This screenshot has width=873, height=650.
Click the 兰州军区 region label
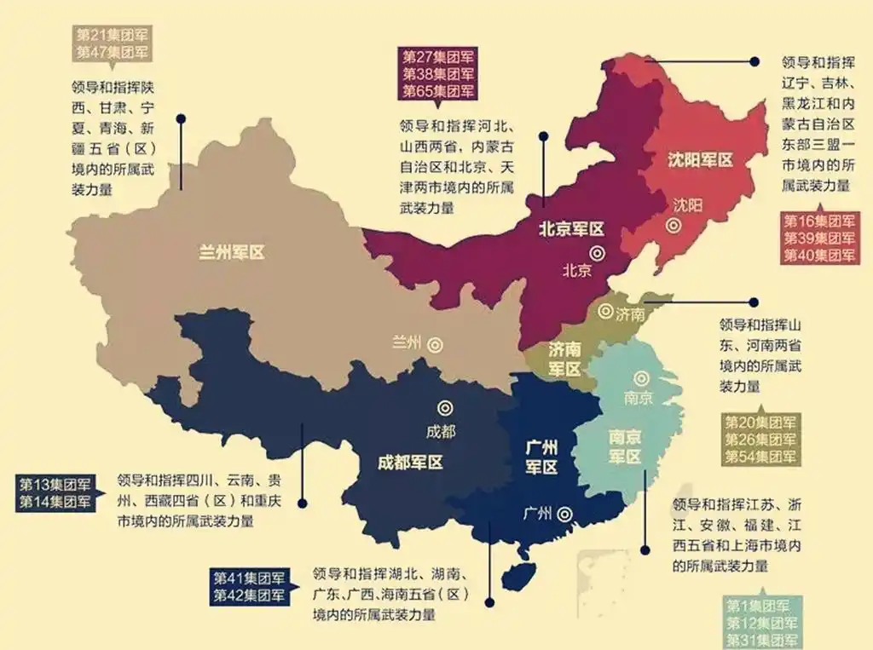point(232,252)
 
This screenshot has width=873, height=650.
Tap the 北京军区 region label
point(571,228)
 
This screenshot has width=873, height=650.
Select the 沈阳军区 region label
point(700,160)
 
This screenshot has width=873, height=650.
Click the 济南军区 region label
point(564,359)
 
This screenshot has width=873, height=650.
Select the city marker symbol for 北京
point(598,253)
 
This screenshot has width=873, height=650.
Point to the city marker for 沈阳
point(674,226)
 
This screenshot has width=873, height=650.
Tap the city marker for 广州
point(565,513)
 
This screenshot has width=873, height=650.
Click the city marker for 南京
point(639,377)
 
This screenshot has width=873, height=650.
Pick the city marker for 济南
point(604,312)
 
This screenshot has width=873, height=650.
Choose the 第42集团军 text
point(249,595)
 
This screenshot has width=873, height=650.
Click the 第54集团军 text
point(760,457)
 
